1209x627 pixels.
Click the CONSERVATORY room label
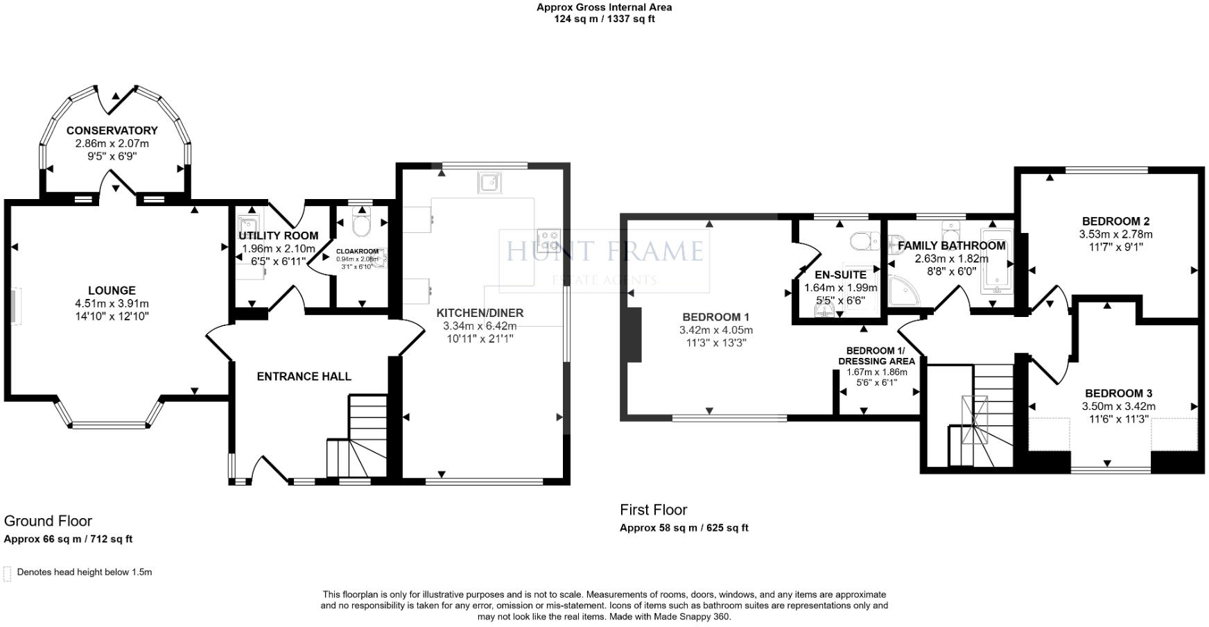pos(112,130)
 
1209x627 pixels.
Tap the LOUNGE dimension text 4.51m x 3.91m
pos(112,304)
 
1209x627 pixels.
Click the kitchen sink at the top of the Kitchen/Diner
pos(489,183)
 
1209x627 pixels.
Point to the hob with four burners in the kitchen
pos(548,240)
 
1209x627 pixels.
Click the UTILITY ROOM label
pos(278,236)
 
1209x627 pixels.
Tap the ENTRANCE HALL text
pos(304,377)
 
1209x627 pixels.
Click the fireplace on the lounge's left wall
pos(12,306)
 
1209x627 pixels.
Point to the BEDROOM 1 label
pos(715,318)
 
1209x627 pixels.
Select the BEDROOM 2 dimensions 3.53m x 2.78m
pos(1115,234)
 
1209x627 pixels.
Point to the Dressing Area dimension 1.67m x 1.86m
pos(876,372)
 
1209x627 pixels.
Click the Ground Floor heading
pos(48,521)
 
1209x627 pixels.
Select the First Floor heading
pos(653,510)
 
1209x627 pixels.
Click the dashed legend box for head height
pos(8,573)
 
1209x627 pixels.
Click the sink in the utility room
pos(247,227)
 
